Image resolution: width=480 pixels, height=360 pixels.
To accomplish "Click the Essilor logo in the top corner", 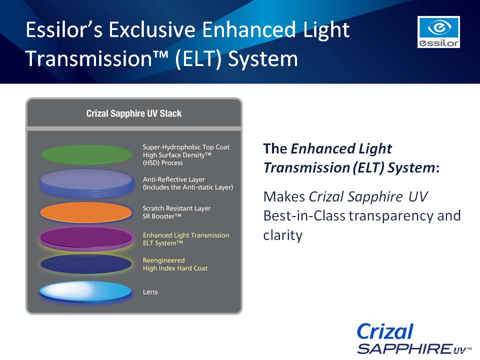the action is point(438,32).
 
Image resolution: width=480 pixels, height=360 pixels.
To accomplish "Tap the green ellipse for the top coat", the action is point(87,154).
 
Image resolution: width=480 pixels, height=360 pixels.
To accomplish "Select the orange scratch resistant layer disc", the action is point(86,212).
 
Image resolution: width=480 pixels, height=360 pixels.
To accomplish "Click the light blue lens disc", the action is point(85,292).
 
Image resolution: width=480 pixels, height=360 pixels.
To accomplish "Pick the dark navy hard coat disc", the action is point(86,264).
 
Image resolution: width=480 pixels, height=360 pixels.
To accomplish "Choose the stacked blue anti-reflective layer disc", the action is point(87,183).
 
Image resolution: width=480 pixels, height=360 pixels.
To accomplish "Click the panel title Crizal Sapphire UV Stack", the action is point(134,113).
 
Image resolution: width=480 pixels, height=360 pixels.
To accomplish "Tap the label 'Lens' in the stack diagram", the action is point(150,292).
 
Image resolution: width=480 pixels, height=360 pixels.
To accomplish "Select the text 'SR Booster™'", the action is point(162,216).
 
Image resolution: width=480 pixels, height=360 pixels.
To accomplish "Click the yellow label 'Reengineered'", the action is point(164,260).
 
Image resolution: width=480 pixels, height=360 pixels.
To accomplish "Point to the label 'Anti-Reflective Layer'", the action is point(173,179).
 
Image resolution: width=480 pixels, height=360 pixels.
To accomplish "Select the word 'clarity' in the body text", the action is point(283,235).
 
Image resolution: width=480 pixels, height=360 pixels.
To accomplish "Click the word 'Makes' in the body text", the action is point(284,196).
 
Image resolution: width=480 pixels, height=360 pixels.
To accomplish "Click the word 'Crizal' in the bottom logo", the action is point(385,331).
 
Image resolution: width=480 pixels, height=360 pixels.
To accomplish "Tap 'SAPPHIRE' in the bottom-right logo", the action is point(404,348).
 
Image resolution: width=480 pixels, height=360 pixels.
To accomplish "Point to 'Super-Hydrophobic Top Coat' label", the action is point(186,147).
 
